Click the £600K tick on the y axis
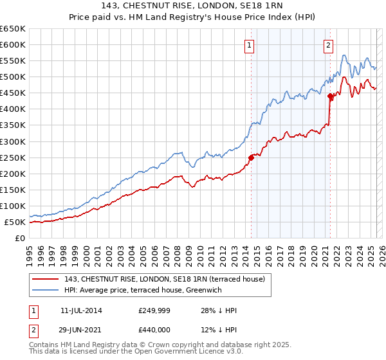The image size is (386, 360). [15, 44]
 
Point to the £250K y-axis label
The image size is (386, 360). [15, 157]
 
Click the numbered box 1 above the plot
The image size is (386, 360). [249, 45]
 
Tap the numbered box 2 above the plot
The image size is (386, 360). [328, 45]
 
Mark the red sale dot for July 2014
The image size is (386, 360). [251, 157]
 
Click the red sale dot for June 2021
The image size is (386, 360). [330, 96]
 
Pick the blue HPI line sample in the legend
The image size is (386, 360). [46, 289]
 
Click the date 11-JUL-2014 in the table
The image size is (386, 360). [81, 310]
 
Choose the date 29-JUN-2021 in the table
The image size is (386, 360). [81, 330]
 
